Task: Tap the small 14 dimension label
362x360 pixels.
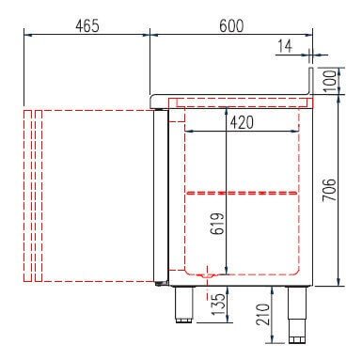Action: coord(284,45)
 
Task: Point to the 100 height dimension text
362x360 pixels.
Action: coord(327,80)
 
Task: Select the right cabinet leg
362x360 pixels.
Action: coord(299,310)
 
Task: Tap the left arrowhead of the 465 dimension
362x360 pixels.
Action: coord(24,36)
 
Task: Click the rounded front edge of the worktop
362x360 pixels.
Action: coord(151,98)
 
